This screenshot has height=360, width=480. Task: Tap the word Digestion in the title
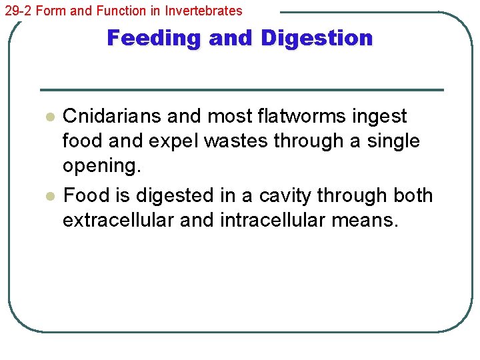pyautogui.click(x=317, y=38)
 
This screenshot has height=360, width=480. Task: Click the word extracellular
pyautogui.click(x=118, y=220)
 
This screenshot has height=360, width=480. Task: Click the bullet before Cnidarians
pyautogui.click(x=48, y=117)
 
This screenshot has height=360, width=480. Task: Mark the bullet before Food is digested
pyautogui.click(x=48, y=197)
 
